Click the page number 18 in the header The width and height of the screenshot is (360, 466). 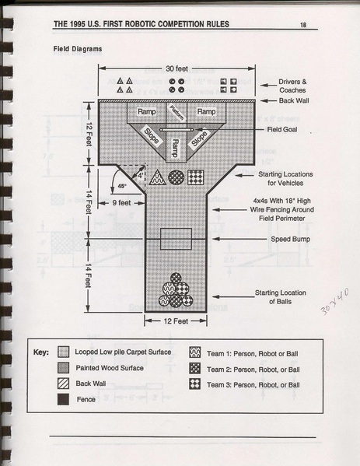pyautogui.click(x=303, y=25)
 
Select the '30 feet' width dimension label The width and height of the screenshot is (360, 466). pyautogui.click(x=177, y=68)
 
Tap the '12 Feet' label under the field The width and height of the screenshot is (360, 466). pyautogui.click(x=176, y=321)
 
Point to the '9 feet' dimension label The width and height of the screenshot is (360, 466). pyautogui.click(x=121, y=203)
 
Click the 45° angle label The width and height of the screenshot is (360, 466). pyautogui.click(x=122, y=186)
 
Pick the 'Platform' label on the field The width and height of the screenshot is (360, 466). pyautogui.click(x=177, y=113)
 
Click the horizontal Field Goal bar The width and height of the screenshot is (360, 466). pyautogui.click(x=177, y=130)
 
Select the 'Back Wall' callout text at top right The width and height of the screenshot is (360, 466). pyautogui.click(x=293, y=100)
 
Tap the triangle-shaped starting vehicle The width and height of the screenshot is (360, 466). pyautogui.click(x=157, y=177)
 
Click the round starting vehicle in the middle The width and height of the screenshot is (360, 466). pyautogui.click(x=177, y=177)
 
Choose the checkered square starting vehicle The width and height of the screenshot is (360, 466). pyautogui.click(x=196, y=177)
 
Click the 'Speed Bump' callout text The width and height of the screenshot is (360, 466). pyautogui.click(x=290, y=239)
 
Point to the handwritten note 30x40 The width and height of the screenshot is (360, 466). pyautogui.click(x=334, y=301)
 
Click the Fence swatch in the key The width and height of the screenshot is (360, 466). pyautogui.click(x=63, y=399)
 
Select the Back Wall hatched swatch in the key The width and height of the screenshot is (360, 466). pyautogui.click(x=63, y=384)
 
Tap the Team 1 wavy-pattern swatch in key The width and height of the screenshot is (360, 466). pyautogui.click(x=195, y=352)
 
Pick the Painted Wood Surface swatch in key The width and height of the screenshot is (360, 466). pyautogui.click(x=63, y=368)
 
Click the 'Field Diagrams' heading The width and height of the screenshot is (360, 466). pyautogui.click(x=78, y=49)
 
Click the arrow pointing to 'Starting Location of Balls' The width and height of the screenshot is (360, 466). pyautogui.click(x=233, y=296)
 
